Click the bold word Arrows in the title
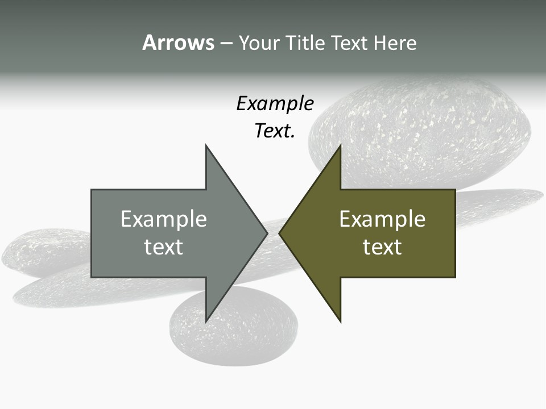(x=178, y=43)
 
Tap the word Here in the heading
(x=395, y=43)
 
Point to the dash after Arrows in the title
(x=226, y=43)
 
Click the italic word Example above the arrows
(x=275, y=103)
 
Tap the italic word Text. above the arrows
(x=275, y=131)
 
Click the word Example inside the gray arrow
(x=163, y=219)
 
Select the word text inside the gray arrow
(x=163, y=247)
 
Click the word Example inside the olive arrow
(x=382, y=219)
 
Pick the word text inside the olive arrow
(x=382, y=247)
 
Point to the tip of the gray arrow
(x=266, y=233)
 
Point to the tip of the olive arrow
(x=280, y=233)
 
